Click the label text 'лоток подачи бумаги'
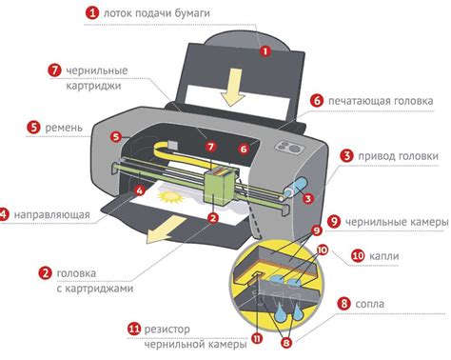(x=163, y=13)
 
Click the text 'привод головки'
(x=399, y=156)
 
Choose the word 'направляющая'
(x=51, y=214)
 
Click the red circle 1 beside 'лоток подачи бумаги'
(x=91, y=13)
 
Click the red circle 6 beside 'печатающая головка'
(x=317, y=100)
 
